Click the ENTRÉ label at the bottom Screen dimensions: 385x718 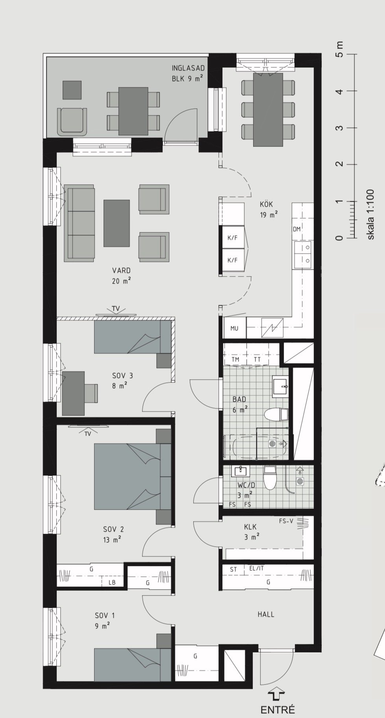[x=277, y=710]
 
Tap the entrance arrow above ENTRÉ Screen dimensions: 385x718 [x=277, y=696]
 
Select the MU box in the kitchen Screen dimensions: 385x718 [x=234, y=328]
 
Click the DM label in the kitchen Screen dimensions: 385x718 [x=296, y=229]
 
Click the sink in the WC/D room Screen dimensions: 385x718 [x=239, y=470]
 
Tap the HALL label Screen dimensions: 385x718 [x=266, y=614]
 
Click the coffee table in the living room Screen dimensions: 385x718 [x=117, y=223]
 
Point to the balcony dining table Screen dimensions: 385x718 [x=133, y=111]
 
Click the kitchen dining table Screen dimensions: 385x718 [x=268, y=109]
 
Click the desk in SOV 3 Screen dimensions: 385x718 [x=73, y=393]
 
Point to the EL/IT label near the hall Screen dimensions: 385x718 [x=257, y=568]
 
